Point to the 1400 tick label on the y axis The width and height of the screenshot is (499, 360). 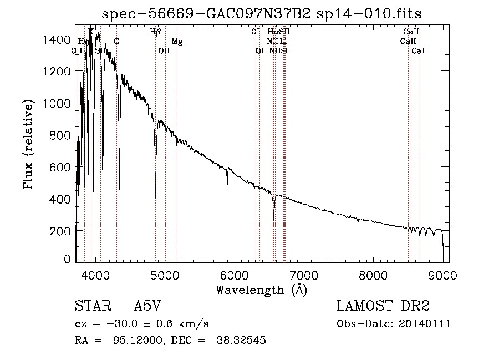point(58,39)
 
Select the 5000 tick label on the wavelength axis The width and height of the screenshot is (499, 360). point(165,275)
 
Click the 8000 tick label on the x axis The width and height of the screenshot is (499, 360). point(373,275)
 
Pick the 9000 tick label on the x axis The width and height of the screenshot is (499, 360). point(442,275)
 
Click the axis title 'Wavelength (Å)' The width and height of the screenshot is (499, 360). point(262,290)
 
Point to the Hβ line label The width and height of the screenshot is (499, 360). point(155,32)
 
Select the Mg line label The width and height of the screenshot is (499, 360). point(177,42)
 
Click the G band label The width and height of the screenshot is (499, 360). point(116,42)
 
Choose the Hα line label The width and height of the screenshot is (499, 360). point(272,32)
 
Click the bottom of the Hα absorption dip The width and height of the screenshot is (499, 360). point(274,220)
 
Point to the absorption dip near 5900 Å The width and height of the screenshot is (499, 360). point(227,184)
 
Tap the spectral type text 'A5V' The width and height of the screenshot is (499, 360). point(147,307)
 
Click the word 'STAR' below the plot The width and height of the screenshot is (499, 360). point(89,307)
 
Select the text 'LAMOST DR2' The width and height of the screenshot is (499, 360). point(383,307)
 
